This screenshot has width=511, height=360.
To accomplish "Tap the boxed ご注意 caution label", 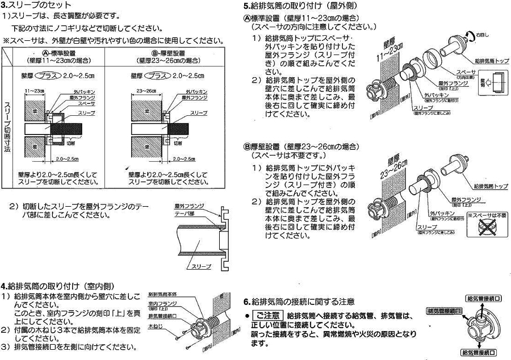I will tap(266, 316).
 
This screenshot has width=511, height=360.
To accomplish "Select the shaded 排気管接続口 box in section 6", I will tap(444, 312).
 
